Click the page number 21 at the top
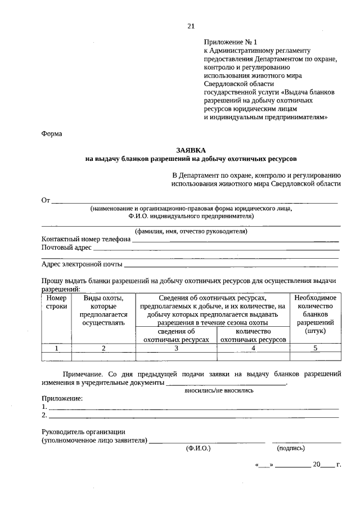[x=191, y=26]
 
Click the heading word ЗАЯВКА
[x=191, y=150]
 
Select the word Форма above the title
[x=52, y=134]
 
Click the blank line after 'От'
[x=194, y=200]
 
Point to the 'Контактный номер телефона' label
[x=86, y=238]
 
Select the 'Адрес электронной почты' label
[x=82, y=264]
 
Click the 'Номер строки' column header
[x=56, y=302]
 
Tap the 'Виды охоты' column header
[x=103, y=310]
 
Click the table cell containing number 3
[x=176, y=348]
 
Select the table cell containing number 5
[x=315, y=348]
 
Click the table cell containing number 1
[x=56, y=348]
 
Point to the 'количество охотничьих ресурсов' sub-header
[x=253, y=336]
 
